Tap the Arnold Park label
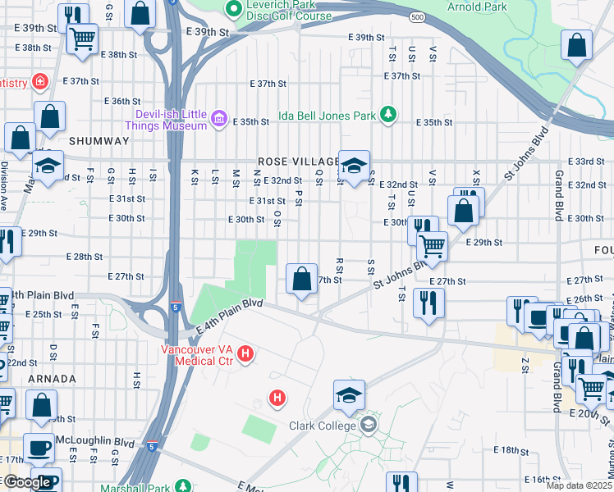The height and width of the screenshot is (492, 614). click(475, 7)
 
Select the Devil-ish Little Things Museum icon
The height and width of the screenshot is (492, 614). click(219, 121)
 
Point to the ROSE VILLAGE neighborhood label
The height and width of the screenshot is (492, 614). click(297, 162)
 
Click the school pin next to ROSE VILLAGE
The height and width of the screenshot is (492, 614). click(354, 166)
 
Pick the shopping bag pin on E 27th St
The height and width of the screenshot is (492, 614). click(302, 279)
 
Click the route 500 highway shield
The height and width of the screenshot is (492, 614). click(419, 16)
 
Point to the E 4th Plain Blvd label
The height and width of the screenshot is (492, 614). click(230, 316)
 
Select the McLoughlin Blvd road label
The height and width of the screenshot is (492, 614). click(82, 440)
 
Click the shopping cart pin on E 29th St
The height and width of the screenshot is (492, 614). click(432, 244)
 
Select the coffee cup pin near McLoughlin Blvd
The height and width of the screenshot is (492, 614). click(39, 448)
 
